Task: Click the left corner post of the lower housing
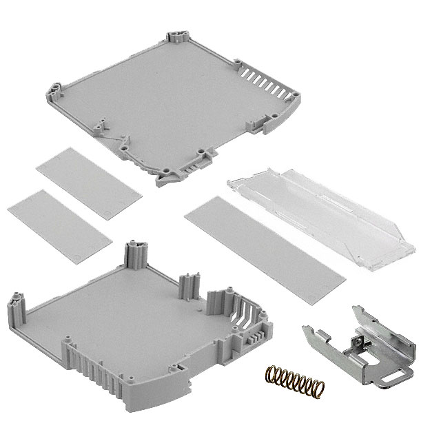pyautogui.click(x=15, y=305)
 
